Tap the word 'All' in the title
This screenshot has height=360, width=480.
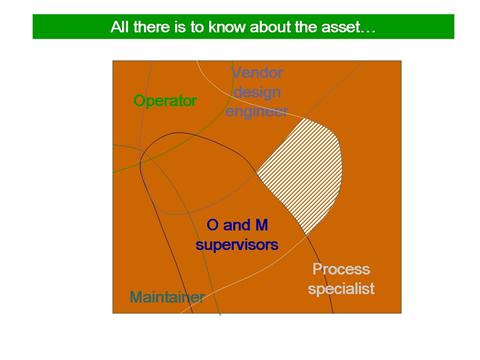(120, 27)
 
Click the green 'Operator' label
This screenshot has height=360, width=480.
(165, 101)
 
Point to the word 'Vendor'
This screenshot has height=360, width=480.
(257, 73)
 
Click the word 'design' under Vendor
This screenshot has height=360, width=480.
(257, 91)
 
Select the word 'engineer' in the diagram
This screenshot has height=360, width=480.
(257, 110)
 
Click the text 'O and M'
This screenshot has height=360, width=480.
(237, 225)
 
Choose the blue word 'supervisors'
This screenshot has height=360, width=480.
(237, 244)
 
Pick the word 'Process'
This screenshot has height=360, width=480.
(341, 270)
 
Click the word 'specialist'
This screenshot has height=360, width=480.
(341, 289)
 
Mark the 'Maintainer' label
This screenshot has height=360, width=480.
(167, 297)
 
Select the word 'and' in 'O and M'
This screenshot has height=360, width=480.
(237, 225)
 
